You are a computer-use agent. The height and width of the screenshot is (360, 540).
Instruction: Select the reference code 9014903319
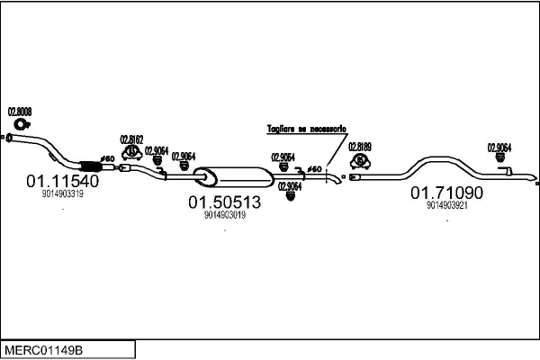(x=62, y=193)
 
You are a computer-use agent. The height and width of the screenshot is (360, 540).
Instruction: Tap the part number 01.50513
(x=224, y=202)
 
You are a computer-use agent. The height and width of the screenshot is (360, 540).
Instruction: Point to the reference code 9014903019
(x=224, y=215)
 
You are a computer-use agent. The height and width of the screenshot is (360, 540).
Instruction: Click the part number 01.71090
(x=447, y=193)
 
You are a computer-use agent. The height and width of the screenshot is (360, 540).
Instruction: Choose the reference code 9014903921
(x=447, y=205)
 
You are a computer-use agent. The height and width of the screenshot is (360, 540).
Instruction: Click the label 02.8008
(x=20, y=112)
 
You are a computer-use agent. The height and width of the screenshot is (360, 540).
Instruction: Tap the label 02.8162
(x=132, y=139)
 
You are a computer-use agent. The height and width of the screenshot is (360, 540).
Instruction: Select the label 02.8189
(x=360, y=146)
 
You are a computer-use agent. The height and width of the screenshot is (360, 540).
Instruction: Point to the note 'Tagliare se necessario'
(x=306, y=130)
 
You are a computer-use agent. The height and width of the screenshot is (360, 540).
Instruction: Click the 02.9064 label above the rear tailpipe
(x=499, y=148)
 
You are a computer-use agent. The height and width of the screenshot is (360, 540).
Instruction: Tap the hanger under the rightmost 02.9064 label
(x=500, y=160)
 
